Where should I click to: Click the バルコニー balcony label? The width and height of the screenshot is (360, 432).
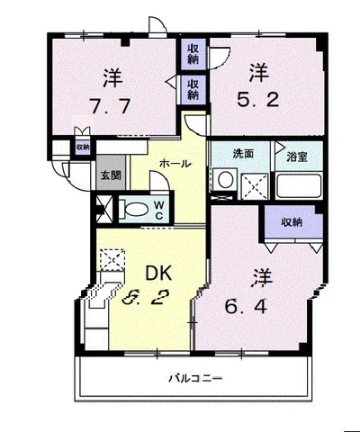(195, 379)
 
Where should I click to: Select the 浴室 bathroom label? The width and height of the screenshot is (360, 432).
(297, 157)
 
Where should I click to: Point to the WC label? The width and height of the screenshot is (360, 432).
(157, 211)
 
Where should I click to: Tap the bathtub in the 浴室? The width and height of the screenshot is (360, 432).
(297, 187)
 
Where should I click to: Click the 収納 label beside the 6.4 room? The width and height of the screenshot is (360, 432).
(291, 221)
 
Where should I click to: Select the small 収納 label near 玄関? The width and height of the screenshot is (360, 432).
(82, 147)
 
